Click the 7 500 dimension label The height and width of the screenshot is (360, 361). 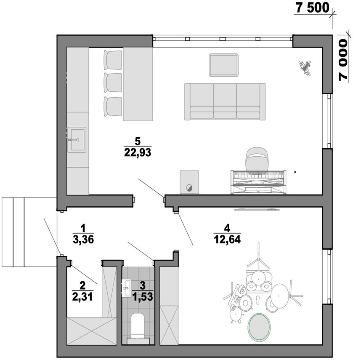click(313, 8)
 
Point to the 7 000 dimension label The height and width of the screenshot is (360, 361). click(343, 60)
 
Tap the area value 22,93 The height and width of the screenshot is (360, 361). click(138, 152)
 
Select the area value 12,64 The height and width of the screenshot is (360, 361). click(227, 239)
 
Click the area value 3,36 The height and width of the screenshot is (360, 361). click(83, 240)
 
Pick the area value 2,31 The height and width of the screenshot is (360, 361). click(82, 297)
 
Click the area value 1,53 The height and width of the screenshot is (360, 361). click(143, 297)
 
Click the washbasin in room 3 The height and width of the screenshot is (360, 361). click(126, 288)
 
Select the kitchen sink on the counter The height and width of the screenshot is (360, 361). click(77, 139)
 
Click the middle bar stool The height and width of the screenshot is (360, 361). click(113, 83)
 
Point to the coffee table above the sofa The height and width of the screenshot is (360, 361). click(223, 65)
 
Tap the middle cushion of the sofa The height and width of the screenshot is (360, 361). click(225, 101)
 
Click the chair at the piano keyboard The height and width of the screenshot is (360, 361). click(257, 159)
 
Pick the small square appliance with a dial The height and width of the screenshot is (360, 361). click(189, 182)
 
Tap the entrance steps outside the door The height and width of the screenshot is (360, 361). click(29, 232)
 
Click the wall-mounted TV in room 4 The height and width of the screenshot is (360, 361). click(257, 210)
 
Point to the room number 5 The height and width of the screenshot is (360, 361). click(138, 141)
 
